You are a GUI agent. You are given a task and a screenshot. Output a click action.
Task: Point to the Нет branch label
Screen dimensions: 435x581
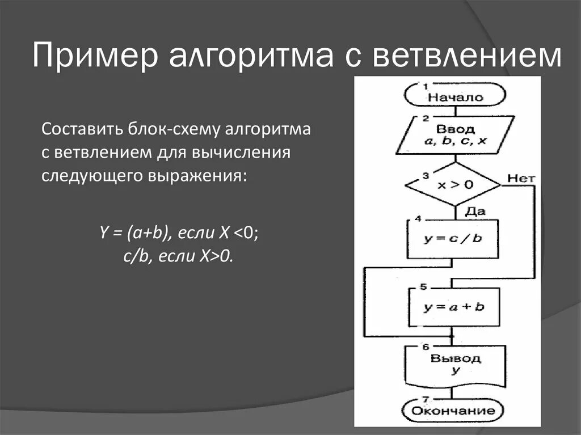521,178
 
